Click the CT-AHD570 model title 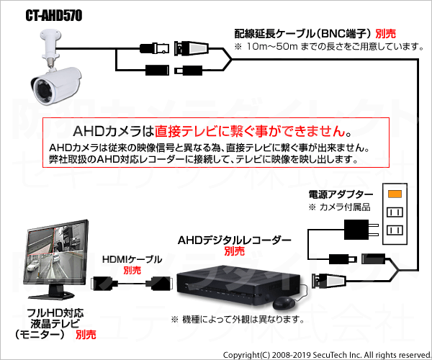click(x=54, y=16)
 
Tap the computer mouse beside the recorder click(x=284, y=303)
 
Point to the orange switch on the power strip click(x=395, y=194)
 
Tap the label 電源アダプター click(x=341, y=194)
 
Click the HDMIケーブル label click(x=132, y=259)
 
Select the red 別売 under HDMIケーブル click(x=132, y=270)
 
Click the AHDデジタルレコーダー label click(x=234, y=240)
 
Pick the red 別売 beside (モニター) click(x=86, y=335)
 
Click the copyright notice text click(x=327, y=355)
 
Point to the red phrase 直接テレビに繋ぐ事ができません click(x=250, y=131)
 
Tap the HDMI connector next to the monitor click(x=104, y=284)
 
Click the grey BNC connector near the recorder click(x=328, y=281)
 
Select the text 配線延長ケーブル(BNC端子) click(x=304, y=34)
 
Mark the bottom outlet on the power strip click(x=395, y=230)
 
